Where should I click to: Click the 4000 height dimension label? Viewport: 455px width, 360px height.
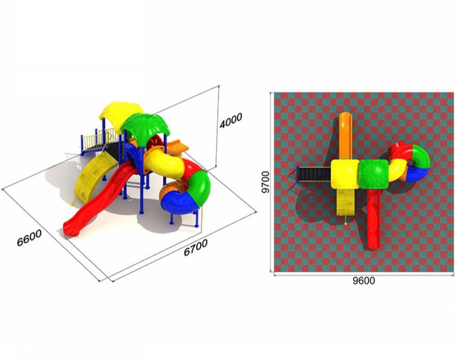231,120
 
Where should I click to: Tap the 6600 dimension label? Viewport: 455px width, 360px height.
29,238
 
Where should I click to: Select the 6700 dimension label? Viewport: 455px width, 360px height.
196,247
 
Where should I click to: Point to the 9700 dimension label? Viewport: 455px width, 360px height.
265,182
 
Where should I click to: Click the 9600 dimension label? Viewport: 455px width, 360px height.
364,280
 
